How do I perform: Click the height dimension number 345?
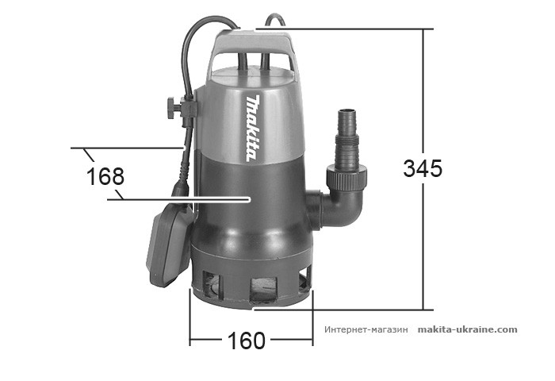(x=422, y=169)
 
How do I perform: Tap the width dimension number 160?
(x=246, y=341)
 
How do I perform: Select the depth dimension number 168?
(x=105, y=176)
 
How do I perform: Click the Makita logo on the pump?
(x=252, y=127)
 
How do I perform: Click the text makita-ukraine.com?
(x=467, y=329)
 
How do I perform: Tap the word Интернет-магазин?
(x=366, y=329)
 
